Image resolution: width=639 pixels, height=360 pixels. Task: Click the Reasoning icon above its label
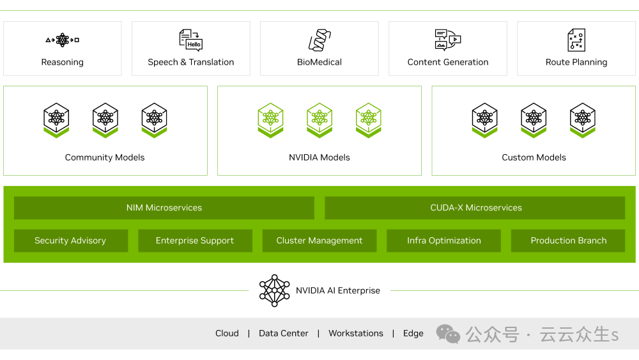62,40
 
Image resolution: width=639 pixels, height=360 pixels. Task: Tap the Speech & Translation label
190,62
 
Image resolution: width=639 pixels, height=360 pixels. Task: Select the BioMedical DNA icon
319,40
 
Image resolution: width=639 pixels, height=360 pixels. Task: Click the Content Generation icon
447,40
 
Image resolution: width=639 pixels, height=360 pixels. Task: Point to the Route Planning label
576,62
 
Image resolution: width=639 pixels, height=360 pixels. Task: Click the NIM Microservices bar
164,208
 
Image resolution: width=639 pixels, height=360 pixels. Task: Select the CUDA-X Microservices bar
475,208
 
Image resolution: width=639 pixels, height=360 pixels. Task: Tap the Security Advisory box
70,240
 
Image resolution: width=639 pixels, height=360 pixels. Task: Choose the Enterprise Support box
195,240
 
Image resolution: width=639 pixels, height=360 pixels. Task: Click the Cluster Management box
319,240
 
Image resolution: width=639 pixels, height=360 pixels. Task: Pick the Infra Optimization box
444,240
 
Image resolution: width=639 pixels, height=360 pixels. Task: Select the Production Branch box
569,240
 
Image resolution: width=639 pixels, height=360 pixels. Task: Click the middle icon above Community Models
105,120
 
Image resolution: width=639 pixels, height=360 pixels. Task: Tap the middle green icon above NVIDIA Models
319,120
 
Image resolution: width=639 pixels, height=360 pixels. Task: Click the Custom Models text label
534,157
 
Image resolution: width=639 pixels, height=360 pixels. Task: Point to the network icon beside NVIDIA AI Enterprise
274,290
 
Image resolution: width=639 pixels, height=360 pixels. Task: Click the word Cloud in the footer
227,333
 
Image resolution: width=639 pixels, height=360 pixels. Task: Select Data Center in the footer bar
283,333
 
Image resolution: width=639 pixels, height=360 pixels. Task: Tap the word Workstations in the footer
356,333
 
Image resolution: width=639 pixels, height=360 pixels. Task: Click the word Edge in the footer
413,333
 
